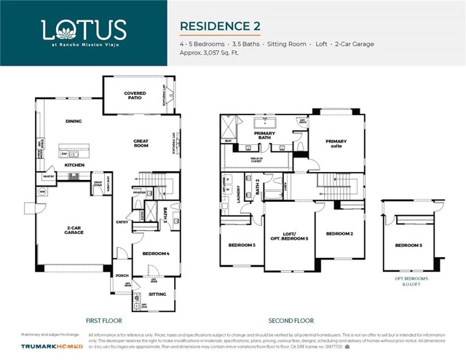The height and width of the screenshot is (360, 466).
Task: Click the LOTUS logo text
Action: pyautogui.click(x=84, y=30)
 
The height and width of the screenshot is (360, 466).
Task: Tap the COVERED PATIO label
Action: pyautogui.click(x=135, y=95)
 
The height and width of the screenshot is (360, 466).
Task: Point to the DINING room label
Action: pyautogui.click(x=73, y=122)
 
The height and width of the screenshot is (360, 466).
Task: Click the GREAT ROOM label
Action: pyautogui.click(x=141, y=143)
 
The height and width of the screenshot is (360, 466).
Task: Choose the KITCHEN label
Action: pyautogui.click(x=75, y=165)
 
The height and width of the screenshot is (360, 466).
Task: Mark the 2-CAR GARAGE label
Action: pyautogui.click(x=74, y=230)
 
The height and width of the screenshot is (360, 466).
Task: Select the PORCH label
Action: pyautogui.click(x=122, y=275)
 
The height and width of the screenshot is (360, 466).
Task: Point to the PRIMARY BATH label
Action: pyautogui.click(x=264, y=135)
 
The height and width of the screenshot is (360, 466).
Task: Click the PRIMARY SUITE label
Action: pyautogui.click(x=336, y=144)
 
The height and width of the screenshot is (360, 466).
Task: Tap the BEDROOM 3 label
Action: pyautogui.click(x=242, y=246)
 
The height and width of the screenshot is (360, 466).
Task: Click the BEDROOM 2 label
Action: pyautogui.click(x=339, y=233)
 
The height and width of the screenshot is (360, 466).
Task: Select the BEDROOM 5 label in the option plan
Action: pyautogui.click(x=408, y=246)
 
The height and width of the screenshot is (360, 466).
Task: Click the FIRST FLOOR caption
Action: pyautogui.click(x=104, y=320)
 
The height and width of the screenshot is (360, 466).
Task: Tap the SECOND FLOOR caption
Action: pyautogui.click(x=291, y=320)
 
